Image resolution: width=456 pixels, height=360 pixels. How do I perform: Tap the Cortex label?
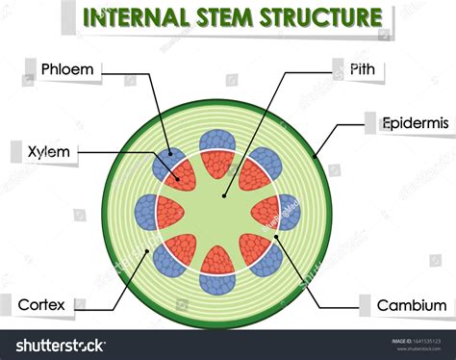tap(41, 305)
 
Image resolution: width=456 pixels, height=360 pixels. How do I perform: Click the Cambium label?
tap(411, 305)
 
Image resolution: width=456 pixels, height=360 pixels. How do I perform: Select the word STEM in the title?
tap(247, 17)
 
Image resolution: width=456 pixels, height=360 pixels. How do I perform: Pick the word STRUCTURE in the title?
tap(331, 17)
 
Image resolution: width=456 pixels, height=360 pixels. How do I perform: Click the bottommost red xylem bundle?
tap(218, 262)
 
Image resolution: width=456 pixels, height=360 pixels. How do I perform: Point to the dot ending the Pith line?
tap(223, 195)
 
